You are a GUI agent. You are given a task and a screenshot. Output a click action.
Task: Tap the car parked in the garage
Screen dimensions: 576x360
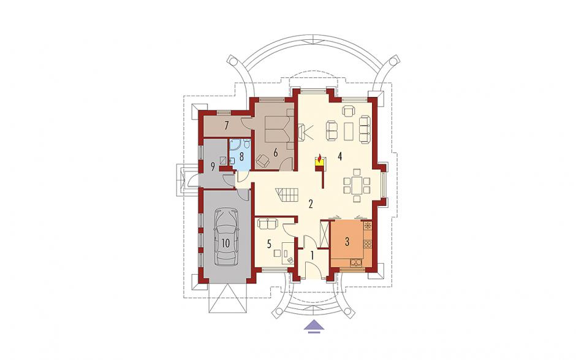225,237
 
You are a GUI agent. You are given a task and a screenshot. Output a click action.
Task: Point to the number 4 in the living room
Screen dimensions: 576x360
340,156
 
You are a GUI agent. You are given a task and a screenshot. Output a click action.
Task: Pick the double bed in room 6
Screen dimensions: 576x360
276,128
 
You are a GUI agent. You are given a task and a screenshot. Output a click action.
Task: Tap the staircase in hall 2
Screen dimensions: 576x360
287,196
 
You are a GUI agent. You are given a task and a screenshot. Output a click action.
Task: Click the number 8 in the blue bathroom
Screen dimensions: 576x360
241,156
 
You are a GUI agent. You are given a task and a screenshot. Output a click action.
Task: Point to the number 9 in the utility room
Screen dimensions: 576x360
213,167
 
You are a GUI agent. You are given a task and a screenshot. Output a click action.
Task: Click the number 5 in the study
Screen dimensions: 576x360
269,243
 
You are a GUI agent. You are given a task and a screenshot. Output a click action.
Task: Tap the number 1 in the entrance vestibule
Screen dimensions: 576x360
313,256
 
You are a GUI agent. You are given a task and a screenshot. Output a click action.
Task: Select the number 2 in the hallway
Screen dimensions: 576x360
311,204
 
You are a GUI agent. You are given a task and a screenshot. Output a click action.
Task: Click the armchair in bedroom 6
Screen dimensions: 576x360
262,160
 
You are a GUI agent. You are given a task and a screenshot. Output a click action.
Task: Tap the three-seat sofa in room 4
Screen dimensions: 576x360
364,129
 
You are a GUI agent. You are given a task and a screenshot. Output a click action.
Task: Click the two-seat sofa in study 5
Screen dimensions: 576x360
268,223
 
